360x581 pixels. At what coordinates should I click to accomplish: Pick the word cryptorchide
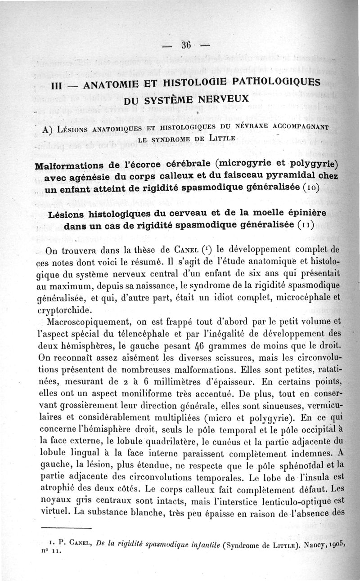(63, 310)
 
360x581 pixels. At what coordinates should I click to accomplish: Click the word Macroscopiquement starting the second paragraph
(89, 322)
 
